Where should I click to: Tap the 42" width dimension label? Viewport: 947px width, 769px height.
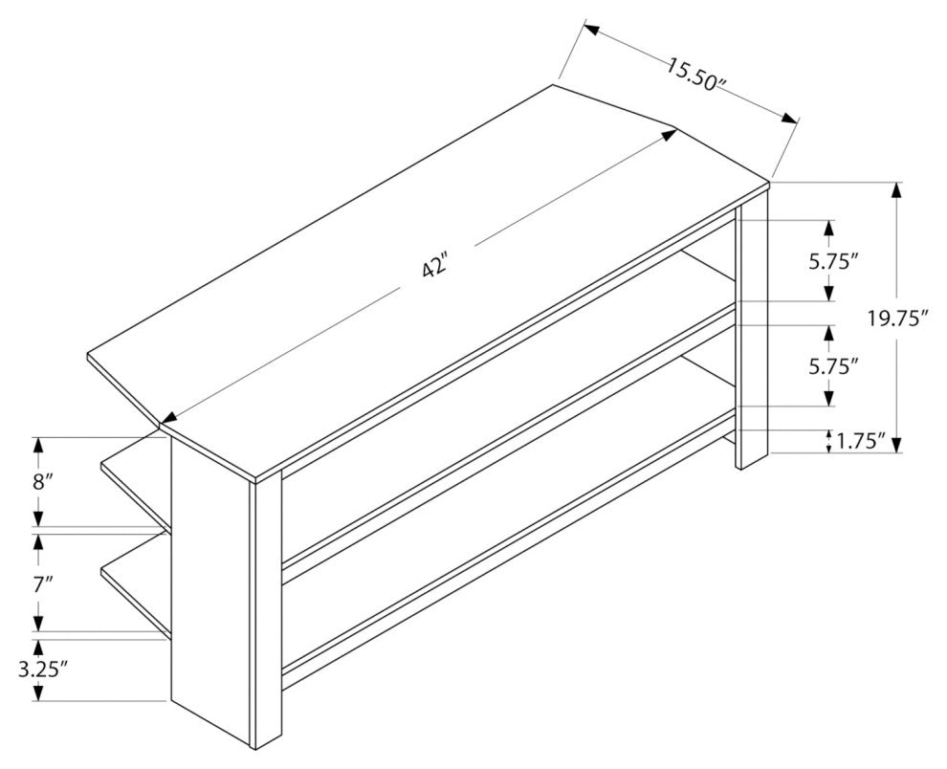tap(435, 267)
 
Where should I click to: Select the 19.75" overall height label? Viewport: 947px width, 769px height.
tap(897, 318)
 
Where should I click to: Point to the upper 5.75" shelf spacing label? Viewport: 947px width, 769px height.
tap(834, 261)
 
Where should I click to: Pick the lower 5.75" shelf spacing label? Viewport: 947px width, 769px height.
tap(834, 366)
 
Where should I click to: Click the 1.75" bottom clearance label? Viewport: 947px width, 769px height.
tap(860, 441)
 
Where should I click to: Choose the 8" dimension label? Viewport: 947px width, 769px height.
tap(42, 481)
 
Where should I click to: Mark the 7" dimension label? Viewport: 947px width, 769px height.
tap(42, 584)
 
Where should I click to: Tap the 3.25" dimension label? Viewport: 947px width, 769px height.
tap(42, 670)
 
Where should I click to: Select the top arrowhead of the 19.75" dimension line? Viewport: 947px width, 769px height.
tap(897, 190)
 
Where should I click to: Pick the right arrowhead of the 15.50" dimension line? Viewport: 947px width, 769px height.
tap(790, 118)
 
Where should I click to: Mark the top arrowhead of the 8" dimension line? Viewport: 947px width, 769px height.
tap(39, 445)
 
